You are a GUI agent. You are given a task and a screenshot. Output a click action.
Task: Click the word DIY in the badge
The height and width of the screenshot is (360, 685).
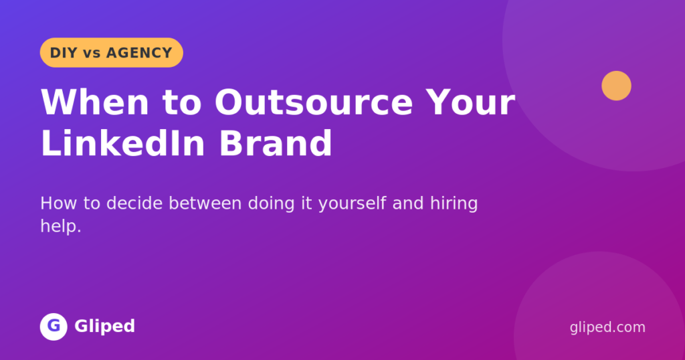coord(64,53)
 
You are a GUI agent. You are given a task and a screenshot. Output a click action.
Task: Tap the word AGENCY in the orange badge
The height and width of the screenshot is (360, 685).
coord(139,53)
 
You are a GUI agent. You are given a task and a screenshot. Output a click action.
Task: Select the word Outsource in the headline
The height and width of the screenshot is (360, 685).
coord(314,102)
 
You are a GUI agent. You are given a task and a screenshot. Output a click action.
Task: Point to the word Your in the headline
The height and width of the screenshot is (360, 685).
coord(471,102)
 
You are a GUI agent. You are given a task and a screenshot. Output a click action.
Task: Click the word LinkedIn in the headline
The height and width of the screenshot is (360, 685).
coord(123,143)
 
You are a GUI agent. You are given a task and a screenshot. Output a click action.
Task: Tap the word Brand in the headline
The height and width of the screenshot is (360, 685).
coord(276,143)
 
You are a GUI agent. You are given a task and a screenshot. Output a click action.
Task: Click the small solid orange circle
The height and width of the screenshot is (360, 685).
coord(616,86)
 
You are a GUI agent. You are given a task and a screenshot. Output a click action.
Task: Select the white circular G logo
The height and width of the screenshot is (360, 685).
coord(54,327)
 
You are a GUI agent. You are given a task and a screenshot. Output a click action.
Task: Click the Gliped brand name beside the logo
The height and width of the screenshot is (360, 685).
coord(105,327)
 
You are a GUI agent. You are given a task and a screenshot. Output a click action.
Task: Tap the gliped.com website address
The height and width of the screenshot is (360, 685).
coord(607,327)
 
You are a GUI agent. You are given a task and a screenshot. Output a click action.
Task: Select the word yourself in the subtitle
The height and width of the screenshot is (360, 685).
coord(352,204)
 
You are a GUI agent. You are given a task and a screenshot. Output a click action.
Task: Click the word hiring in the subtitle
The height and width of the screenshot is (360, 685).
coord(454,204)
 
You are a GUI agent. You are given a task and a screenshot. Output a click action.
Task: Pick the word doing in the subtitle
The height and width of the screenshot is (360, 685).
coord(272,204)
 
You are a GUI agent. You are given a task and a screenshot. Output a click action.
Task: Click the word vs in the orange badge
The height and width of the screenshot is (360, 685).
coord(92,54)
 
